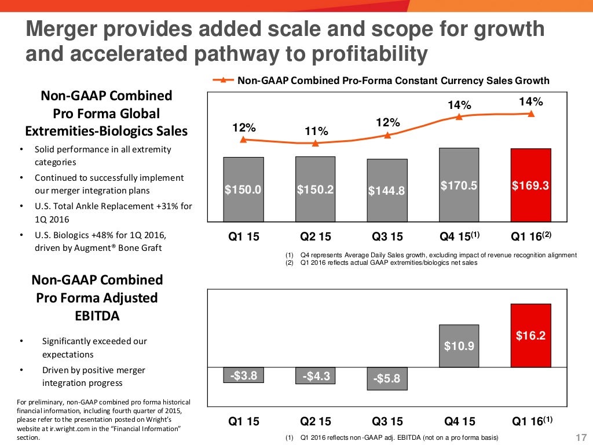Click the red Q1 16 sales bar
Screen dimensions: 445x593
[530, 185]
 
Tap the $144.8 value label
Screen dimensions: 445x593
[387, 190]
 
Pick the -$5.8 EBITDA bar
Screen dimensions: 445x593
[387, 378]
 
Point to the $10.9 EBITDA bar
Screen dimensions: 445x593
[459, 346]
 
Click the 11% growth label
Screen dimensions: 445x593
[316, 132]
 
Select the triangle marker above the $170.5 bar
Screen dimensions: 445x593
[459, 116]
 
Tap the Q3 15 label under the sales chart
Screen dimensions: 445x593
[387, 236]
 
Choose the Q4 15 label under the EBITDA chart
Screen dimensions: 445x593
[459, 422]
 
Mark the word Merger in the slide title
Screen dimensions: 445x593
[64, 29]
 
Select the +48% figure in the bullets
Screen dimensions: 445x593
[119, 235]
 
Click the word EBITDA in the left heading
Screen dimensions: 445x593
[97, 316]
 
